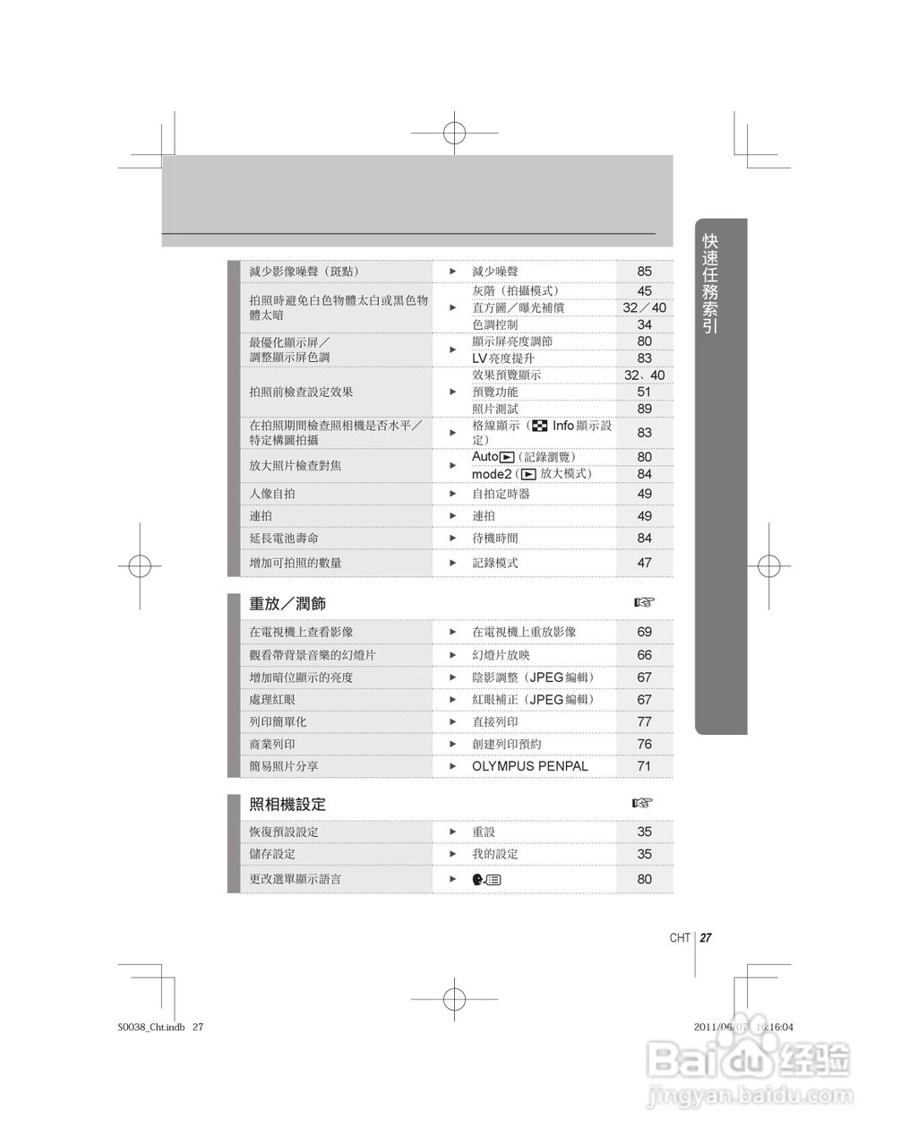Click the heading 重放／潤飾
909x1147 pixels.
(x=287, y=604)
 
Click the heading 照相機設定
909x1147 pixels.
(x=287, y=805)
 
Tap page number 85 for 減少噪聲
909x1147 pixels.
(x=644, y=272)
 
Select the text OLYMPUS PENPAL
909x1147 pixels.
(x=529, y=766)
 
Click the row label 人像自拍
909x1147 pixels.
(x=272, y=494)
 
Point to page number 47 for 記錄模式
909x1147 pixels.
(x=644, y=563)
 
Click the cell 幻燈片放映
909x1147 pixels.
(x=501, y=655)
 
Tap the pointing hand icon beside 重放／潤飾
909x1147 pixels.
(x=644, y=602)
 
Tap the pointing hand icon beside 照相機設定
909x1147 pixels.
(x=642, y=803)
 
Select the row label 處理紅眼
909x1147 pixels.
(x=272, y=700)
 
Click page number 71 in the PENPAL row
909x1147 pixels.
(x=644, y=766)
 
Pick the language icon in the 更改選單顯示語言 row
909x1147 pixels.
(x=487, y=879)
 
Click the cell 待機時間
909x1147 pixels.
(x=494, y=539)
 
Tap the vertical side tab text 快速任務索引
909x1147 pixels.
(x=710, y=284)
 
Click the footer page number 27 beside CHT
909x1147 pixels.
(x=706, y=938)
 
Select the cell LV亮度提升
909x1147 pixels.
(x=502, y=358)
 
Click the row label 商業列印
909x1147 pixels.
(x=272, y=744)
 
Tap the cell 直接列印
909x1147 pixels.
(x=494, y=721)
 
